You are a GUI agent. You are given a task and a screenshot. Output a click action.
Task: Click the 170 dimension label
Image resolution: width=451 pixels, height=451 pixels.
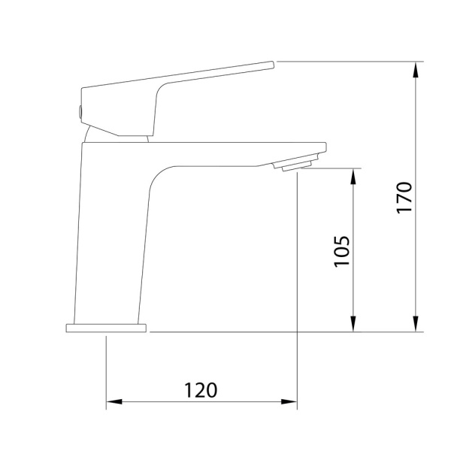(x=404, y=198)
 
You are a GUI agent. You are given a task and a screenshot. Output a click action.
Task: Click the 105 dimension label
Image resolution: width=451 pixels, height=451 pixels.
(x=342, y=252)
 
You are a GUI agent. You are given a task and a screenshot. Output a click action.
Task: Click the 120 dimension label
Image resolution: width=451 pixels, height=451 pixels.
(x=201, y=390)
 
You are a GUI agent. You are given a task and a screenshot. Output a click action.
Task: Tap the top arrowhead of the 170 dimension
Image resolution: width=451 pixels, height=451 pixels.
(x=416, y=70)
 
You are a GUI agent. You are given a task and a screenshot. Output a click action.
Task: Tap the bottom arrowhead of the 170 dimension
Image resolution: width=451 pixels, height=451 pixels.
(x=416, y=323)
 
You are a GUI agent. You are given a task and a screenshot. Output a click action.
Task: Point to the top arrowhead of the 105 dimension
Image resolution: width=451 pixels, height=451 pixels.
(x=353, y=177)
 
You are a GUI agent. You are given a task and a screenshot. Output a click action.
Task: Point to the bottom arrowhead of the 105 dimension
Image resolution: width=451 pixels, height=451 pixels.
(x=353, y=323)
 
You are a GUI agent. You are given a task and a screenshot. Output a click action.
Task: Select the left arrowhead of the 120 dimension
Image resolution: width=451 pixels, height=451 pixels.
(x=114, y=401)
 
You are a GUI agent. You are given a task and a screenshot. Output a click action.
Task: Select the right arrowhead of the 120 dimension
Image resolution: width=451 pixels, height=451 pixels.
(x=289, y=401)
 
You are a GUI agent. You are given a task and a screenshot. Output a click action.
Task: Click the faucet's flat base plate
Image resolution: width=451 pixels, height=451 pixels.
(x=106, y=328)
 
